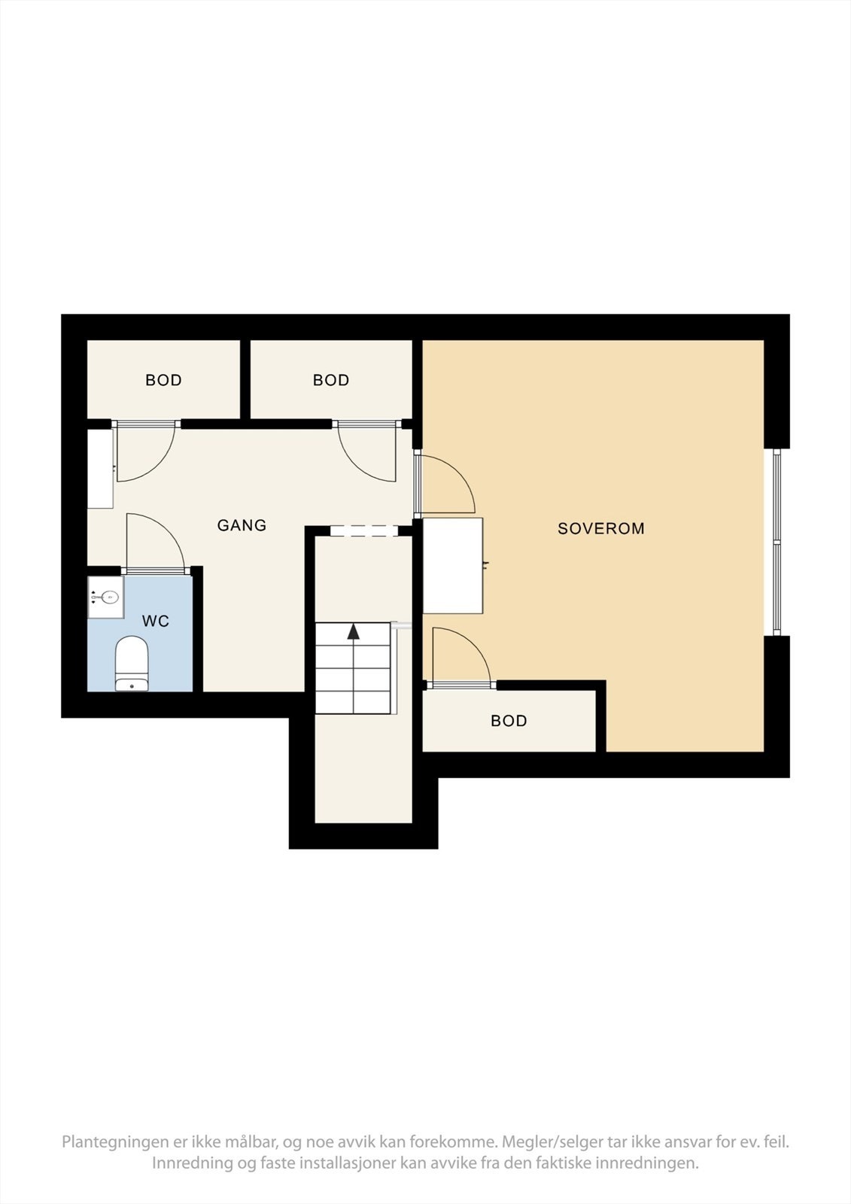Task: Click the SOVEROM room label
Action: coord(600,528)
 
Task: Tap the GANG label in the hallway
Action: coord(242,525)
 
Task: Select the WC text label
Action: coord(156,622)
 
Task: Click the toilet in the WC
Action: coord(132,663)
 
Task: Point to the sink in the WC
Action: coord(106,597)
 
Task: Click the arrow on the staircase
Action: coord(353,631)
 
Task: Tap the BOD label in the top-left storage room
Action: coord(163,381)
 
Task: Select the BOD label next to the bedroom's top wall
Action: coord(331,381)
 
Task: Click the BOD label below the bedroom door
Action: coord(509,721)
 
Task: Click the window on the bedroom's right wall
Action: coord(777,542)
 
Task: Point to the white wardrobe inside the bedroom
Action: coord(452,565)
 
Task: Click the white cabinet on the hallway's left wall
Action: coord(100,469)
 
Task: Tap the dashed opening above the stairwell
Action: coord(363,531)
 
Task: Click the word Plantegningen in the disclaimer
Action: coord(115,1142)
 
